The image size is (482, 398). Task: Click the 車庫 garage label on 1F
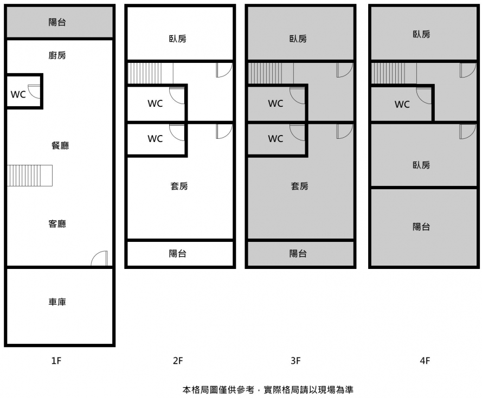pos(57,302)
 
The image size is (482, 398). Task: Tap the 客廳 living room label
pos(57,224)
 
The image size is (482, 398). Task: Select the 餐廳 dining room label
pos(60,145)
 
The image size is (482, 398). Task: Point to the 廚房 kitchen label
pos(57,55)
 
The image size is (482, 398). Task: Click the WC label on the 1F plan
pos(18,94)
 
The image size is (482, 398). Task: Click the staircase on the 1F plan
pos(30,175)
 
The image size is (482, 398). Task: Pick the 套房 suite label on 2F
pos(179,186)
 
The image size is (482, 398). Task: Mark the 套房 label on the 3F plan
pos(299,186)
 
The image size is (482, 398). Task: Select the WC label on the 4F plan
pos(402,104)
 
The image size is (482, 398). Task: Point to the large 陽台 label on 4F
pos(421,227)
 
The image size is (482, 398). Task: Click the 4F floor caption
pos(425,360)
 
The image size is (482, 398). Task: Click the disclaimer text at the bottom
pos(268,389)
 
